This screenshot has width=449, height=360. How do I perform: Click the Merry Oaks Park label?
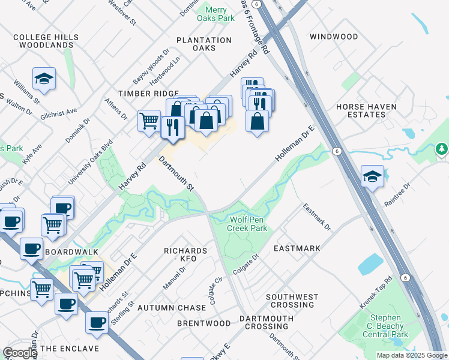(220, 14)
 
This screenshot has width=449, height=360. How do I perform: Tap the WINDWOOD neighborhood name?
(334, 37)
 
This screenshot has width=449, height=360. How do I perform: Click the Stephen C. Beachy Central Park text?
(390, 326)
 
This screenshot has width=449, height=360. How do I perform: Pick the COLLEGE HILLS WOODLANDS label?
(46, 41)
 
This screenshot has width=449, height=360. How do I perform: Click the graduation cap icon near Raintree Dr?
(372, 176)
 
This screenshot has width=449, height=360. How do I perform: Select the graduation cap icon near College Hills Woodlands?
(44, 79)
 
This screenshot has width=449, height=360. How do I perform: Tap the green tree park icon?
(441, 148)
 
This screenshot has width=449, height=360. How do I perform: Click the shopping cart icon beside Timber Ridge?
(149, 121)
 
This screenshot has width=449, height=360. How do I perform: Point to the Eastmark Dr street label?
(316, 217)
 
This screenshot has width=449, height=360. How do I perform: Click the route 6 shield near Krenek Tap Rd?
(406, 277)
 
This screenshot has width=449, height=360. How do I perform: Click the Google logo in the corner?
(20, 353)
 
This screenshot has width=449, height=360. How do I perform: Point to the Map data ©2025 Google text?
(412, 355)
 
